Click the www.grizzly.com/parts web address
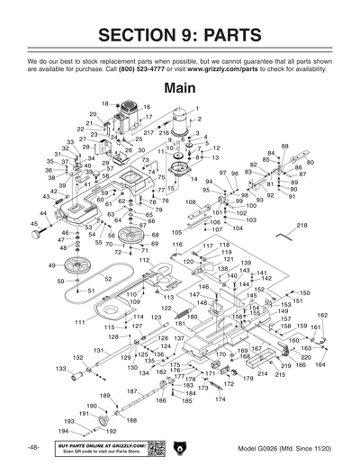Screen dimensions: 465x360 point(241,68)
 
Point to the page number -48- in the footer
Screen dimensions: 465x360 point(32,448)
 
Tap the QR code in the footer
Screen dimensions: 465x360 point(156,447)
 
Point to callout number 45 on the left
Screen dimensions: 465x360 point(35,224)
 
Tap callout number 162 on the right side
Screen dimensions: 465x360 point(322,316)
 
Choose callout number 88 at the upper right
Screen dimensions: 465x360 point(284,146)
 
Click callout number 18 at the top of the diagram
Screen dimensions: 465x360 point(104,103)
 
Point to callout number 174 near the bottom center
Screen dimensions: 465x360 point(219,398)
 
